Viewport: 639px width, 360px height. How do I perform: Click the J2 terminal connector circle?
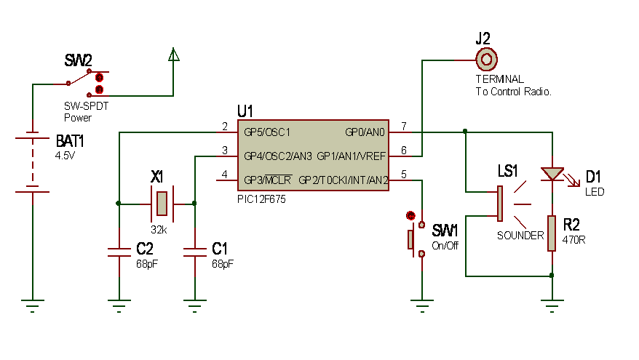(486, 60)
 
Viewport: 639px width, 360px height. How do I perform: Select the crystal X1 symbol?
(162, 203)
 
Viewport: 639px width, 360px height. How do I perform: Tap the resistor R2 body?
(552, 233)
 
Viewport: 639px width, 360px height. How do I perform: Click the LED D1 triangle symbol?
(552, 174)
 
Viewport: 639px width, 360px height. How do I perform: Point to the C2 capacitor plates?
(119, 252)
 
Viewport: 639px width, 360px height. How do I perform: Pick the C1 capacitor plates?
(195, 252)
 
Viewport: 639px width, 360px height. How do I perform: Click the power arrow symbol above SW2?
(174, 55)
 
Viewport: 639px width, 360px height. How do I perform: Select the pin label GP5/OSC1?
(267, 132)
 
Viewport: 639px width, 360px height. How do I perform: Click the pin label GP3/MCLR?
(267, 180)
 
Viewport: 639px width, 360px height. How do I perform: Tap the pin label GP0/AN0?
(365, 132)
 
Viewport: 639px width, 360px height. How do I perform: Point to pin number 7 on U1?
(404, 127)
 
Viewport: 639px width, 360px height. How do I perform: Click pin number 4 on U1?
(225, 175)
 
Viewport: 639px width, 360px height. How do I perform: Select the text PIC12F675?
(261, 199)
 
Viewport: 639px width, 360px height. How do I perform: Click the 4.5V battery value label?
(66, 156)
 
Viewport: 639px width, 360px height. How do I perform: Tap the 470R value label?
(573, 240)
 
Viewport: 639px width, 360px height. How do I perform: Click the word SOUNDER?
(520, 236)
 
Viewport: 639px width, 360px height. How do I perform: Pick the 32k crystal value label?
(159, 230)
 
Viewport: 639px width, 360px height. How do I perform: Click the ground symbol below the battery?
(33, 306)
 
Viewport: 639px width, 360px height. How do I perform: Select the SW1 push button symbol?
(416, 239)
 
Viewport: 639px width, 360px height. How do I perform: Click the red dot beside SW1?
(410, 215)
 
